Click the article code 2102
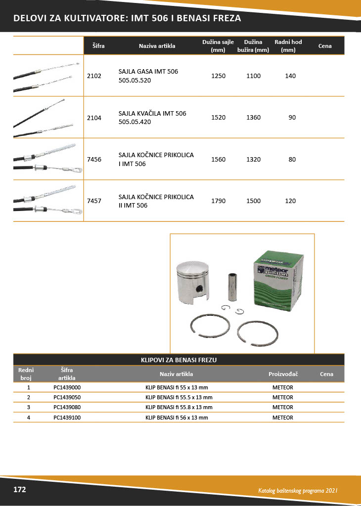tap(93, 76)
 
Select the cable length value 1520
tap(218, 118)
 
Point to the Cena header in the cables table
tap(324, 46)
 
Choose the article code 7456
tap(93, 159)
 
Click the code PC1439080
tap(67, 407)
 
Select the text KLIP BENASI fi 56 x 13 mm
tap(176, 418)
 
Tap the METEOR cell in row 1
tap(282, 387)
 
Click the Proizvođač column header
tap(283, 374)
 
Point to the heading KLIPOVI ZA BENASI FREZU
tap(179, 360)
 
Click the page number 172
tap(19, 490)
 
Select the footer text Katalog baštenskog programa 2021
tap(298, 491)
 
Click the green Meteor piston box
tap(276, 282)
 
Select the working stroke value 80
tap(292, 159)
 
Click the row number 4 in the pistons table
tap(29, 418)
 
